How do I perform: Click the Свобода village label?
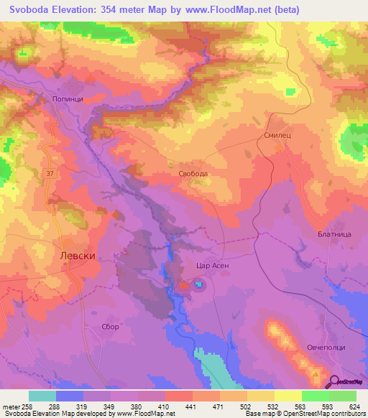pos(193,174)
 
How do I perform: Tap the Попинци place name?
pos(68,101)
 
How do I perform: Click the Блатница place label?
pos(333,234)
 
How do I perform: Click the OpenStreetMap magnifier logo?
pos(334,382)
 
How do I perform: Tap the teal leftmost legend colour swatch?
pos(42,396)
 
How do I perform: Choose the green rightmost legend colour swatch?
pos(342,396)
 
